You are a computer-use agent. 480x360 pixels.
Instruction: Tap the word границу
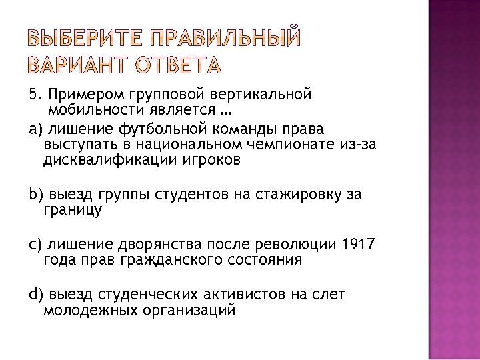(x=72, y=210)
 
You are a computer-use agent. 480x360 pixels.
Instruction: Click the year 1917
(x=358, y=244)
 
